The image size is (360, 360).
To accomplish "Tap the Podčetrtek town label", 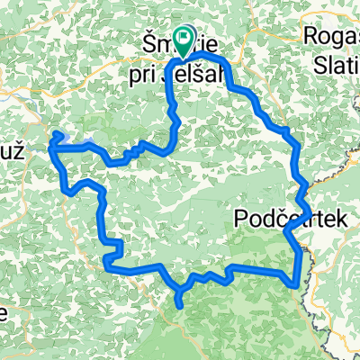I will pos(273,218).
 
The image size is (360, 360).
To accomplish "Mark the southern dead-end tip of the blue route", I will pos(184,305).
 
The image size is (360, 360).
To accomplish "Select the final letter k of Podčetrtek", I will pos(307,218).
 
